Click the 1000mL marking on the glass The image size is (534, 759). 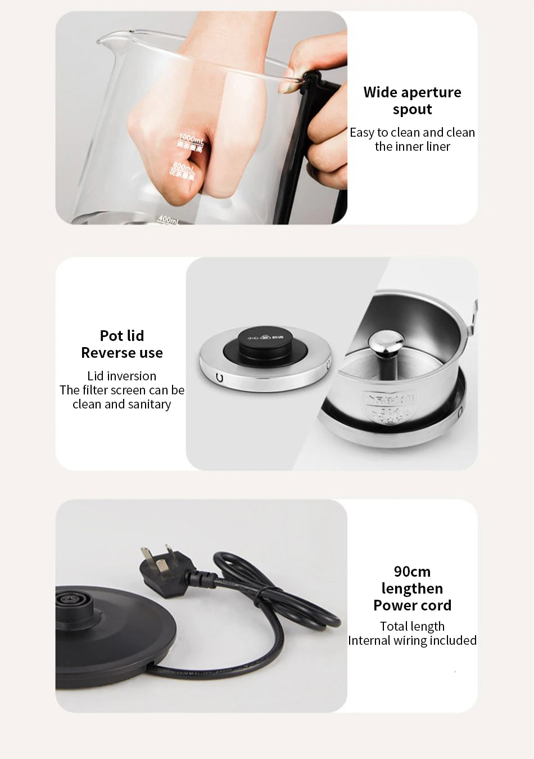point(191,138)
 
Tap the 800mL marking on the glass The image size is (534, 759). point(183,167)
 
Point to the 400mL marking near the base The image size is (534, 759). point(168,219)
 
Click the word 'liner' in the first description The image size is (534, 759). point(437,147)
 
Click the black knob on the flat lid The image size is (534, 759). point(265,344)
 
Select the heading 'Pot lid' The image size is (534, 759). point(122,336)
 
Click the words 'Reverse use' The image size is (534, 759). point(122,353)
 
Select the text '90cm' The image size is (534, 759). point(412,572)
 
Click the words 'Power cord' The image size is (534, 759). point(412,605)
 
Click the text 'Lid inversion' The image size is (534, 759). point(122,376)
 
